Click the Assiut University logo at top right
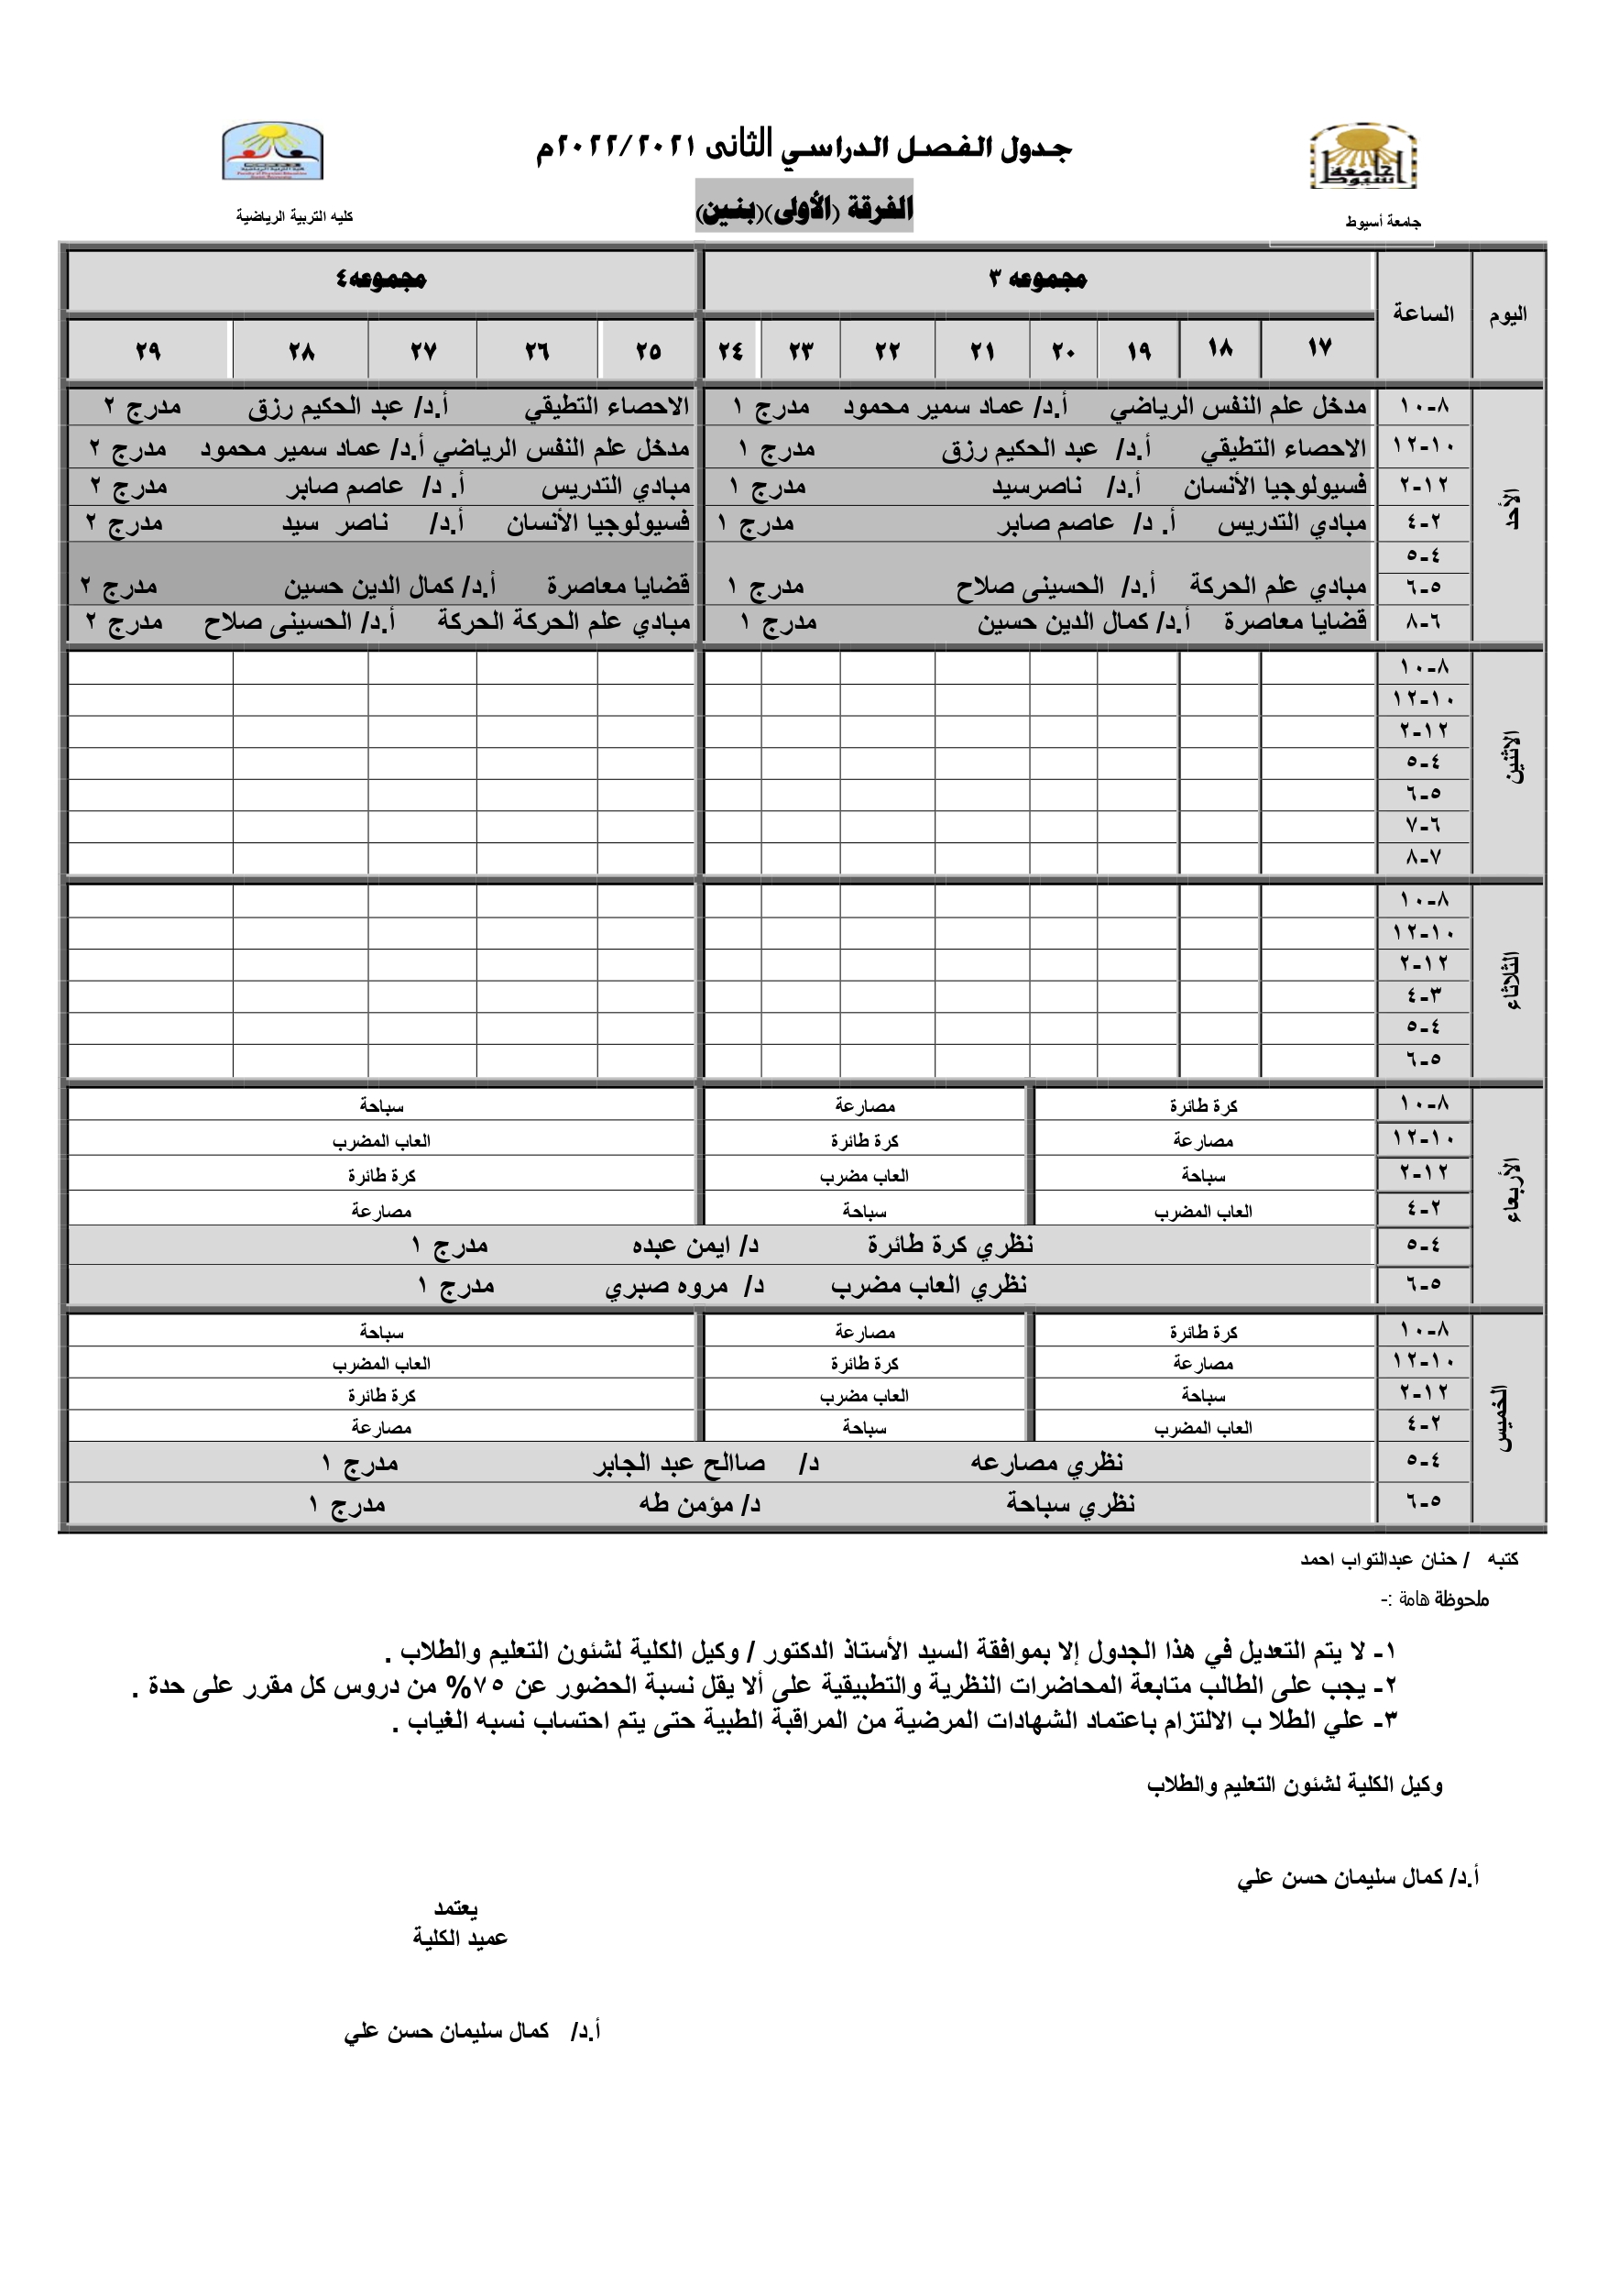pos(1363,158)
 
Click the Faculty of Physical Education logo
pos(272,150)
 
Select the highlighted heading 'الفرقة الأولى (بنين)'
pos(804,207)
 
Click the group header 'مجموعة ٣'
pos(1038,280)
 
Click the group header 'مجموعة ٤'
pos(381,280)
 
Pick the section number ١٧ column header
pos(1318,347)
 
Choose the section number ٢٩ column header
pos(148,351)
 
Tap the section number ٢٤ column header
pos(731,351)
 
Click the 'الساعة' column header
pos(1423,314)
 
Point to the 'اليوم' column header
pos(1508,315)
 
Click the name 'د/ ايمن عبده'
pos(695,1246)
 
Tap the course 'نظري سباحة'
pos(1070,1503)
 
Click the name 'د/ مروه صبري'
pos(684,1287)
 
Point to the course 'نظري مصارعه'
pos(1046,1462)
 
